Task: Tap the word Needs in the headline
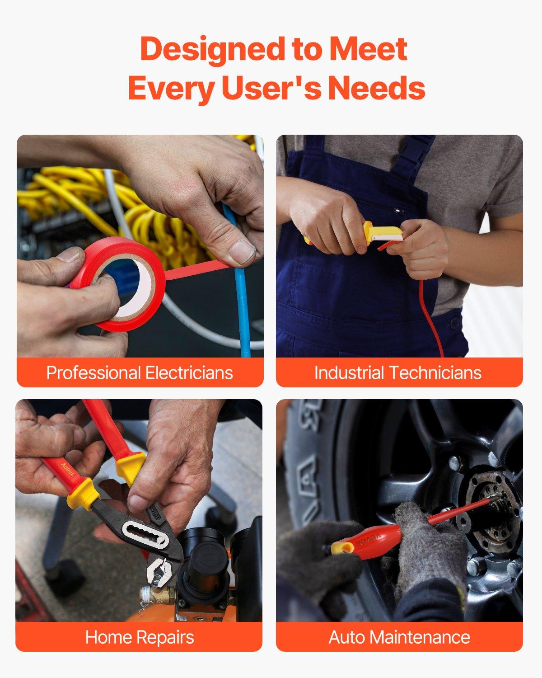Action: pos(376,88)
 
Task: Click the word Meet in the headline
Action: pos(369,49)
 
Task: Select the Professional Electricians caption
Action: pos(140,373)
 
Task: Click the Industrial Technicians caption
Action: pos(398,373)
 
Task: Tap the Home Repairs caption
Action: pos(140,637)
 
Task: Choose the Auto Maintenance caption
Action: pos(399,637)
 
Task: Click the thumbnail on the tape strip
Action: pos(242,251)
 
